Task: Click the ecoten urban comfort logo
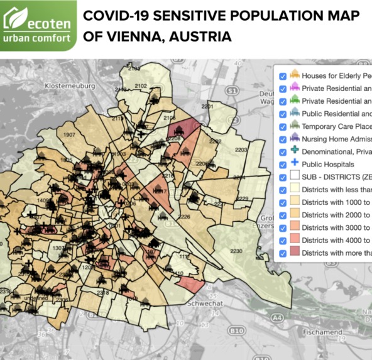[x=38, y=25]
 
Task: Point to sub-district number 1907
[x=70, y=134]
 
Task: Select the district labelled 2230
[x=236, y=251]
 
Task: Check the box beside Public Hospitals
[x=283, y=164]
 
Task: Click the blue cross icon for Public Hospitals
[x=294, y=164]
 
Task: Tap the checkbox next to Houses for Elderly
[x=283, y=75]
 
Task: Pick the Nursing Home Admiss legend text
[x=336, y=139]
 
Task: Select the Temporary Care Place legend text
[x=336, y=126]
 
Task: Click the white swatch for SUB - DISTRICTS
[x=294, y=177]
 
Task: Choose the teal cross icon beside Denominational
[x=294, y=151]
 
